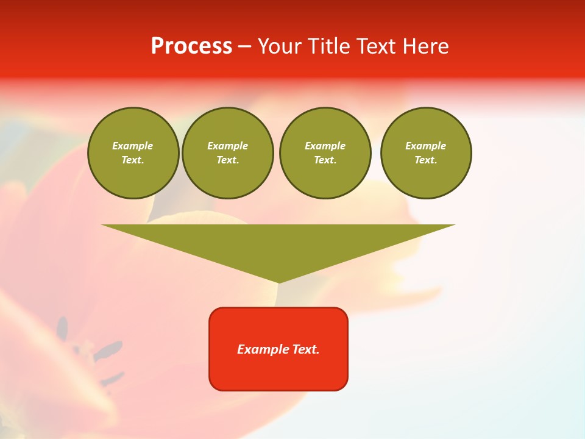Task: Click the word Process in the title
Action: tap(191, 46)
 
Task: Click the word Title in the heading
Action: tap(327, 46)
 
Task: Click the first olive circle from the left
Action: tap(133, 153)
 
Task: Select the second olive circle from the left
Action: tap(227, 153)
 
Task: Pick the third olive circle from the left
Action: tap(325, 153)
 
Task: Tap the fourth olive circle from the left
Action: tap(425, 153)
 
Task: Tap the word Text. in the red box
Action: tap(305, 349)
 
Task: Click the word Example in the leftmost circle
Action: tap(133, 146)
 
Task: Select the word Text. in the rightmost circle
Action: tap(425, 160)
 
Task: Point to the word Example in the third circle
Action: tap(325, 146)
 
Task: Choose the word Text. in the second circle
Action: tap(227, 160)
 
